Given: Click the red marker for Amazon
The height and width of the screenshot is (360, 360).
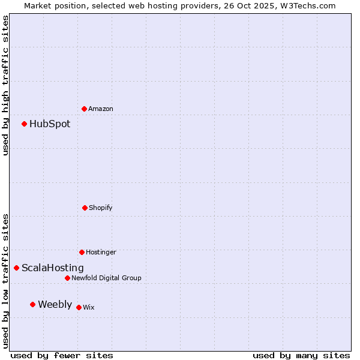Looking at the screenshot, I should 85,109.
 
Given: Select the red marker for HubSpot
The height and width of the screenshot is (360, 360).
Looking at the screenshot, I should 25,124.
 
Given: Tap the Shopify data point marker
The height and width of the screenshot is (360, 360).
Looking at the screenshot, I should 85,208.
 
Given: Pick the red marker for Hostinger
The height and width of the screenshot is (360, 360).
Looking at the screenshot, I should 82,252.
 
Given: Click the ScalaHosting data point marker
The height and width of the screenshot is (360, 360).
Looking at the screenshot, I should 17,268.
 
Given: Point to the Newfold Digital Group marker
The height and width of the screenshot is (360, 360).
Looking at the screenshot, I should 67,278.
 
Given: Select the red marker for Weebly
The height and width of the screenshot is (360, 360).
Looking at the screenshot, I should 33,304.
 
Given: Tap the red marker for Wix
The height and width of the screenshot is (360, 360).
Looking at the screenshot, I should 79,307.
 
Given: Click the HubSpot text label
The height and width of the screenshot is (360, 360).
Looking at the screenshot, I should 50,124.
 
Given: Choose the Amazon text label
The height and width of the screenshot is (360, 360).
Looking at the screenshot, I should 101,109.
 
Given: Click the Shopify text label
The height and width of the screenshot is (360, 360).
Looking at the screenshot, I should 101,208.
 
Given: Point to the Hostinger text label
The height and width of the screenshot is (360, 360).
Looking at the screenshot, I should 101,253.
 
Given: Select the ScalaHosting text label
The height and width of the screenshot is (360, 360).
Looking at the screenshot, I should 53,268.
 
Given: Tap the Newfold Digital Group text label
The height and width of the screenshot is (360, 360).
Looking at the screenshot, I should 107,278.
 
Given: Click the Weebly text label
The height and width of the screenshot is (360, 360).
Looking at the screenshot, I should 55,305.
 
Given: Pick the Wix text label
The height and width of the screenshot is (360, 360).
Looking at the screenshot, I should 89,308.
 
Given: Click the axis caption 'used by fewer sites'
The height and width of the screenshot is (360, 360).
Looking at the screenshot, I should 62,355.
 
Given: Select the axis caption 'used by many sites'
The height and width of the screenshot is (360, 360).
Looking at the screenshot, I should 301,355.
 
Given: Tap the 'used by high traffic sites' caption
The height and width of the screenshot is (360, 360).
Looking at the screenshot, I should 5,85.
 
